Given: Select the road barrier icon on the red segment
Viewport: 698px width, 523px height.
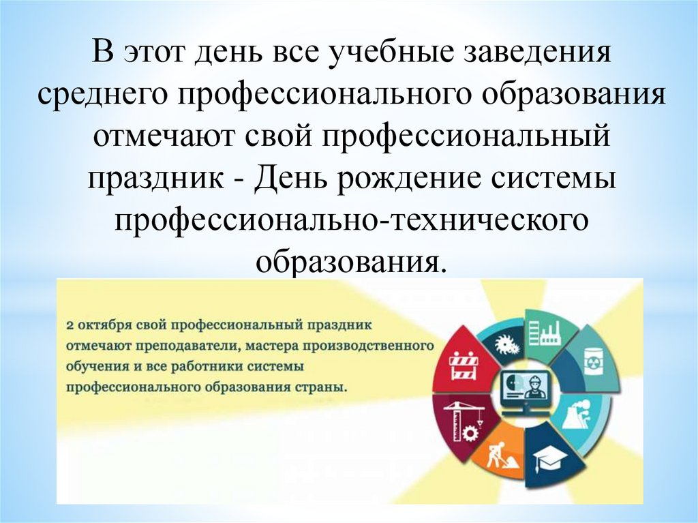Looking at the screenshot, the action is [464, 365].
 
